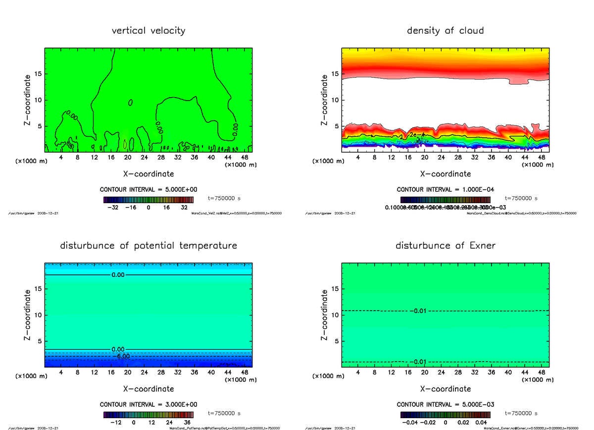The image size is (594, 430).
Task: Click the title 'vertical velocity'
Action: [148, 31]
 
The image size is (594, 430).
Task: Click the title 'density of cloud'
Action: [445, 31]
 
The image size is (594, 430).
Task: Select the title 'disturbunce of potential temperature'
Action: [148, 246]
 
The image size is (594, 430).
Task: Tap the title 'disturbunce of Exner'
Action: [445, 246]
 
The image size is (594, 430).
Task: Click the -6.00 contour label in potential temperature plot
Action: [122, 356]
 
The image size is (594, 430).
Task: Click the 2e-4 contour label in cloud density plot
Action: [416, 134]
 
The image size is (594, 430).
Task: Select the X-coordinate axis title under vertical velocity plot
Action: [148, 174]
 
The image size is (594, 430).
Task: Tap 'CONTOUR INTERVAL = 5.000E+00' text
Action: [148, 190]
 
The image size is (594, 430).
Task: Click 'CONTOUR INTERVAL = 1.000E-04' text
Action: [445, 190]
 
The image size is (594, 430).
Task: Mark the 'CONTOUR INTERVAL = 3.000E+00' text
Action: [148, 404]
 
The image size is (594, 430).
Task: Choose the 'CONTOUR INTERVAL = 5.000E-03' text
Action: [445, 404]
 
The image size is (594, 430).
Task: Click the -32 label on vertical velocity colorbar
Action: [115, 208]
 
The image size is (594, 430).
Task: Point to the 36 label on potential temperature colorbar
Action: [187, 423]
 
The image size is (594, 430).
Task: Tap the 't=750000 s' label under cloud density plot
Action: [521, 198]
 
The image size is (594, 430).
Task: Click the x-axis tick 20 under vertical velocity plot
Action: [128, 158]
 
